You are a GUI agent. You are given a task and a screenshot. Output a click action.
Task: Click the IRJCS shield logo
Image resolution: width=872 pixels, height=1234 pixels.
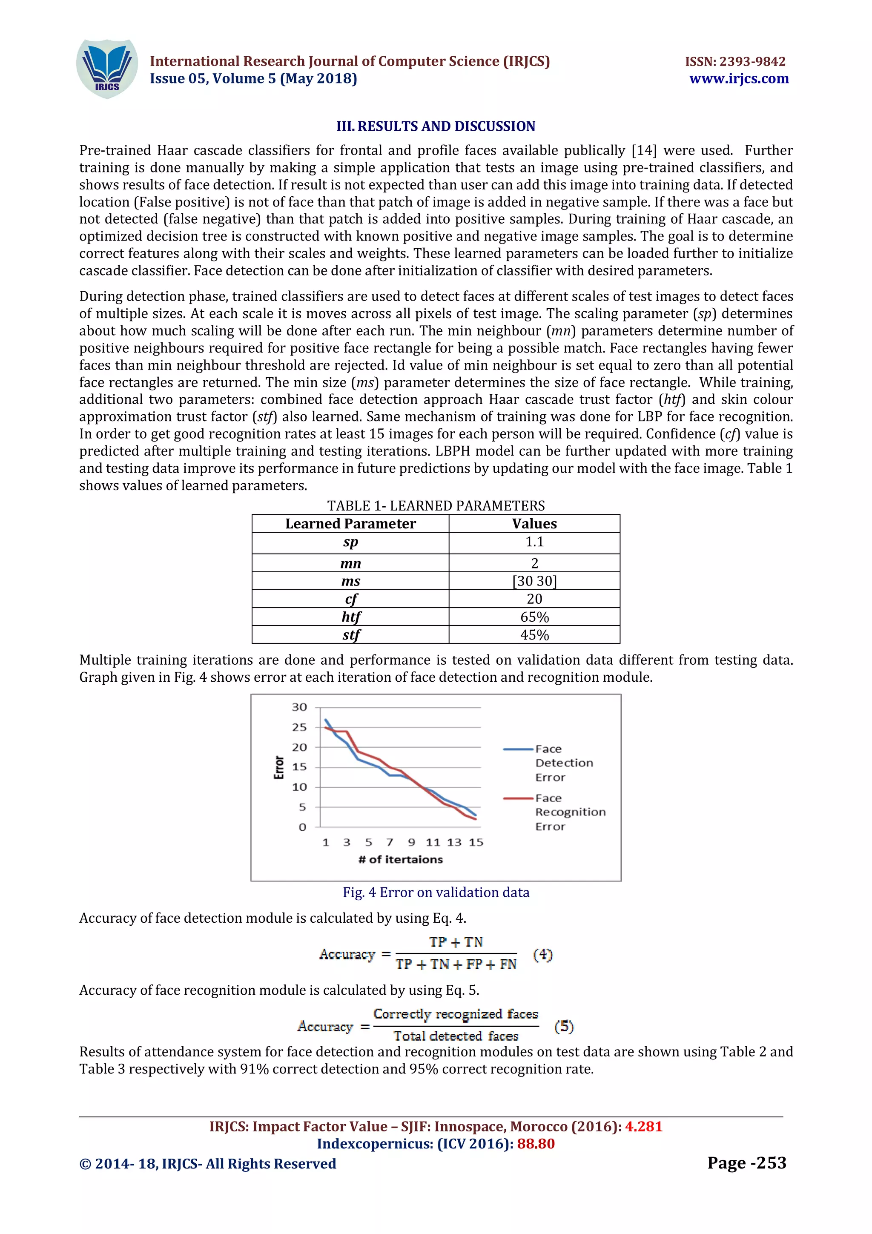[x=107, y=69]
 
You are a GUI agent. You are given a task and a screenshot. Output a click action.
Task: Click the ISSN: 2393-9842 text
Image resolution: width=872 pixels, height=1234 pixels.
[x=735, y=61]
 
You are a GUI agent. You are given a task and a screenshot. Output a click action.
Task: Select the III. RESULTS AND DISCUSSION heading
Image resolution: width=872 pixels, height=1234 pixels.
[x=436, y=126]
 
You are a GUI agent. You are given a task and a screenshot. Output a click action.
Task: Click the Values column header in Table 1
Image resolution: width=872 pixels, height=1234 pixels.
[x=534, y=523]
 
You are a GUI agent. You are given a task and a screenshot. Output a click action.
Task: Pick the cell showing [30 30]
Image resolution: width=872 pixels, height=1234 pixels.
[x=534, y=581]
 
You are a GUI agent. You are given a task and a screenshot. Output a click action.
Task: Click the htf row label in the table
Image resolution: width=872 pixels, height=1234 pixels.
[x=351, y=617]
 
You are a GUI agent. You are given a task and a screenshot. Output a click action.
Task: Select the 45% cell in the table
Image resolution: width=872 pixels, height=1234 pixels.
[x=534, y=635]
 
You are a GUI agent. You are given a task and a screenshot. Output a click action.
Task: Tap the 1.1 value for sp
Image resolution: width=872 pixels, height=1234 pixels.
[x=534, y=542]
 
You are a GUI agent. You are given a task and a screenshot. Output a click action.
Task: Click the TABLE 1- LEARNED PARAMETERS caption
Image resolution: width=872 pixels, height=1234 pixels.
[x=436, y=506]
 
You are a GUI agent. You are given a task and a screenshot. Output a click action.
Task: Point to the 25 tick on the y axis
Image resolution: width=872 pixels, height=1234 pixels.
[x=299, y=727]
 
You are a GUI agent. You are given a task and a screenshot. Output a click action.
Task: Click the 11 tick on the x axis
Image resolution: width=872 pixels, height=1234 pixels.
[x=433, y=842]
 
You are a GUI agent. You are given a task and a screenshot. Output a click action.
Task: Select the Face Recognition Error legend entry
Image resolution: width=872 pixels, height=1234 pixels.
[x=570, y=812]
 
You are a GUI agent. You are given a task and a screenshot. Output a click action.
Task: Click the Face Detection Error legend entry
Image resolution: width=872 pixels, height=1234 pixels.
[x=563, y=763]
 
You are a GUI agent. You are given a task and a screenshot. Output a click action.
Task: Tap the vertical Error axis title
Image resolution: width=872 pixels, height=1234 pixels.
[x=279, y=767]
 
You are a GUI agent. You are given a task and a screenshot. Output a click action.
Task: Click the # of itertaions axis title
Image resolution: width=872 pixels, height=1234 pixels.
[x=401, y=859]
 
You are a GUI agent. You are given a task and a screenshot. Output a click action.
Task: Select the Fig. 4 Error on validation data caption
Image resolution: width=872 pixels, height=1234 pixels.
[x=436, y=892]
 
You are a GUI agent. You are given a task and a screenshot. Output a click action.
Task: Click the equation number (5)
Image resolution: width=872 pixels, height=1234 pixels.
[x=564, y=1026]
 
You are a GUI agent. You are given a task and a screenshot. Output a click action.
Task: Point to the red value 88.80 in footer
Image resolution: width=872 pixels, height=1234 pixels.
[x=536, y=1143]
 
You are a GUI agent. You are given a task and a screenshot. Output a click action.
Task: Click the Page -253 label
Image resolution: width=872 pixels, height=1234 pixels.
[x=746, y=1162]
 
